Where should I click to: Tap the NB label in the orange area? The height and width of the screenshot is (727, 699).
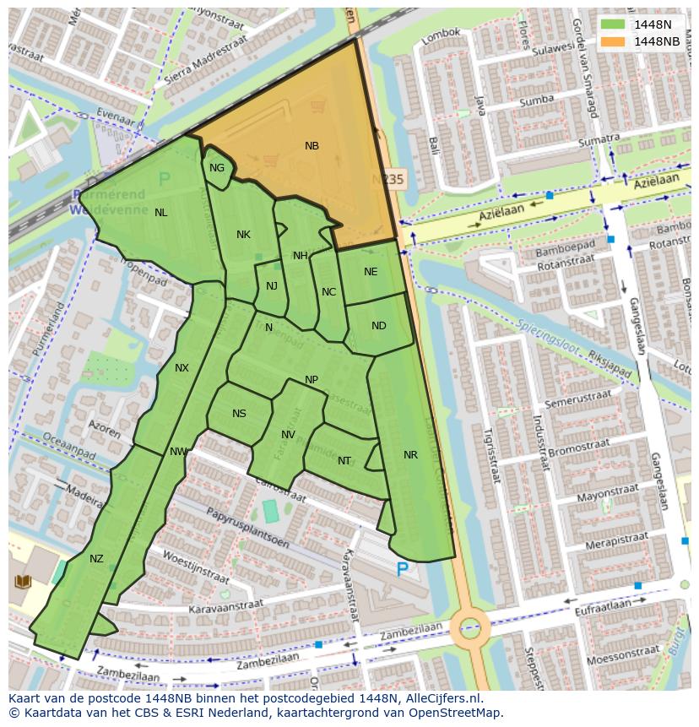coord(312,146)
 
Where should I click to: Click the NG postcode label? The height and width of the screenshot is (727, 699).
coord(217,168)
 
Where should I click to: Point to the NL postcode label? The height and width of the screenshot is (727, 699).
coord(160,213)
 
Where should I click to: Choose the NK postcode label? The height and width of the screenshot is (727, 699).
coord(243,235)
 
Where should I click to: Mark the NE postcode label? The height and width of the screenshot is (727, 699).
coord(371,272)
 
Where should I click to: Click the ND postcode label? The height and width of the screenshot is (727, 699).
coord(378,326)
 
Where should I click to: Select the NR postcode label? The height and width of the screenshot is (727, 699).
coord(410,455)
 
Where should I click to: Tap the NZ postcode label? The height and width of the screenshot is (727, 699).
coord(96,559)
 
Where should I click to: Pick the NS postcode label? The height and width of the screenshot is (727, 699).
coord(239,414)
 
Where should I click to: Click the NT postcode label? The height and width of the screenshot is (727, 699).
coord(344,461)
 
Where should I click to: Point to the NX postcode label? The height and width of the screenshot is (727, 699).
coord(182,368)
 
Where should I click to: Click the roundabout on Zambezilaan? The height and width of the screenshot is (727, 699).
coord(469,627)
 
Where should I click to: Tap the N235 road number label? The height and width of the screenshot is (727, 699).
coord(389,180)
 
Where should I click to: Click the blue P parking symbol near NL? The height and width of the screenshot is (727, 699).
coord(164,179)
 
